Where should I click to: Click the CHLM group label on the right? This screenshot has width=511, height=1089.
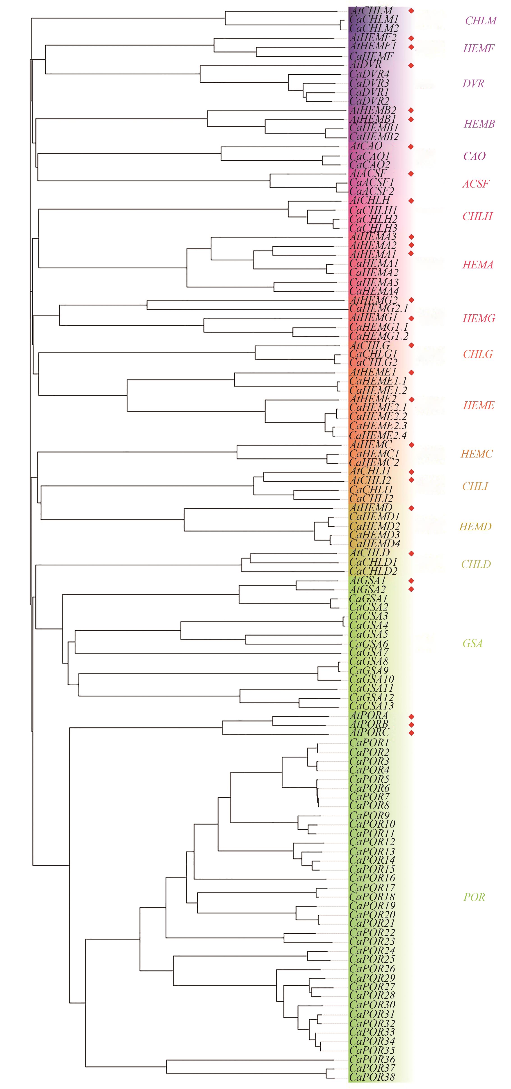[481, 21]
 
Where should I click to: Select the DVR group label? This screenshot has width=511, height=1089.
[473, 84]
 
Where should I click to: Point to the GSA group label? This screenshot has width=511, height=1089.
[472, 643]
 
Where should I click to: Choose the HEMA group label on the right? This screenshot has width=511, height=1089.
[478, 265]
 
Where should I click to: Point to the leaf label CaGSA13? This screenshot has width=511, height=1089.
[372, 706]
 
